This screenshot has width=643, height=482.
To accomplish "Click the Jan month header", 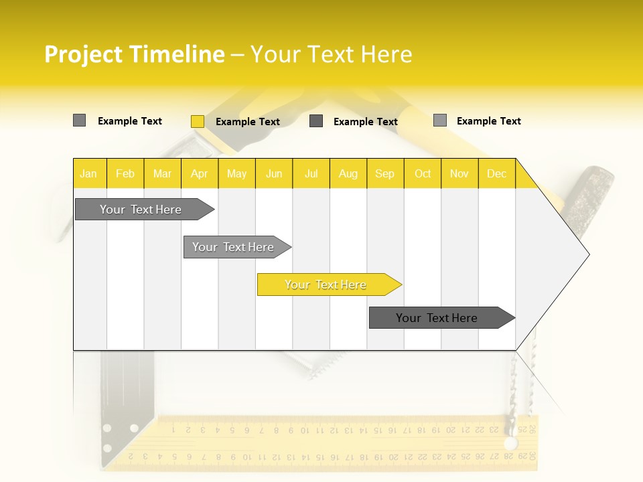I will tap(88, 173).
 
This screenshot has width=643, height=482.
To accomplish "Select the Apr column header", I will tap(199, 173).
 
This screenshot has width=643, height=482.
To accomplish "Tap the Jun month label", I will tap(274, 173).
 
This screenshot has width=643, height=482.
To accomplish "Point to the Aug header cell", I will tap(348, 173).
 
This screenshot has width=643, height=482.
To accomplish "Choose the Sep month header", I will tap(384, 173).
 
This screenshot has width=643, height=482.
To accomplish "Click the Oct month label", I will tap(423, 173).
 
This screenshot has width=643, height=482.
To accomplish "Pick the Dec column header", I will tap(496, 173).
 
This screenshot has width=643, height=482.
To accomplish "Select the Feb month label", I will tap(125, 173).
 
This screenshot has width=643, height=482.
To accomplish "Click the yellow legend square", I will tap(197, 121).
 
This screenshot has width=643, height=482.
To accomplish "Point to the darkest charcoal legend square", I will tap(316, 121).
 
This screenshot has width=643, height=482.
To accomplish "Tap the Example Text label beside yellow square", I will tap(247, 122).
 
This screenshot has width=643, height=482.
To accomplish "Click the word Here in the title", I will tap(386, 54).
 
